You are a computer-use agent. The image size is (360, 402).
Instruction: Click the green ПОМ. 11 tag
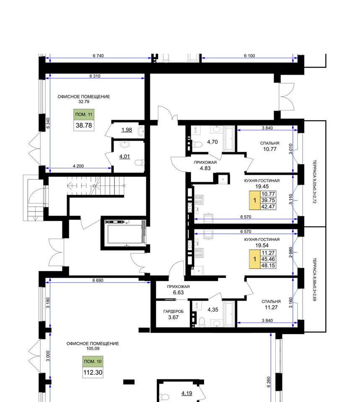pyautogui.click(x=84, y=115)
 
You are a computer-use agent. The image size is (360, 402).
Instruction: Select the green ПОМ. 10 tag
pyautogui.click(x=93, y=361)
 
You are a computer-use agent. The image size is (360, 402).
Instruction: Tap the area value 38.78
pyautogui.click(x=84, y=126)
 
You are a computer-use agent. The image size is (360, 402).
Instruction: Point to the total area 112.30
pyautogui.click(x=93, y=373)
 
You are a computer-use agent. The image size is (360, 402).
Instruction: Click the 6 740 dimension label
pyautogui.click(x=98, y=56)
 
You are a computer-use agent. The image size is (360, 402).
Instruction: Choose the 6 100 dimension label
pyautogui.click(x=249, y=56)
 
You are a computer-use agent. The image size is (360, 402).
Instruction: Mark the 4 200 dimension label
pyautogui.click(x=78, y=166)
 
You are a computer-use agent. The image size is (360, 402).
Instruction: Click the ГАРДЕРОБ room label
pyautogui.click(x=174, y=312)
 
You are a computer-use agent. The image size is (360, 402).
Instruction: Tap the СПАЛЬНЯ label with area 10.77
pyautogui.click(x=269, y=143)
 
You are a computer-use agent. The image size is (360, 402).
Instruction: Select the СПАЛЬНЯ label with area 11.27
pyautogui.click(x=271, y=301)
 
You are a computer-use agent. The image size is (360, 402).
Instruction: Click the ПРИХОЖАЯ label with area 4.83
pyautogui.click(x=205, y=162)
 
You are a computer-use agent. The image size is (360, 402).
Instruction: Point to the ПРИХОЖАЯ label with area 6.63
pyautogui.click(x=179, y=286)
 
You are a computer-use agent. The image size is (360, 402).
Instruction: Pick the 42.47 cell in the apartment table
pyautogui.click(x=268, y=206)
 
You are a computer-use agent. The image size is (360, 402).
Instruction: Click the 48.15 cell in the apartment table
pyautogui.click(x=268, y=265)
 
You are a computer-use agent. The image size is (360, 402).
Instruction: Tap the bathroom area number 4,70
pyautogui.click(x=212, y=142)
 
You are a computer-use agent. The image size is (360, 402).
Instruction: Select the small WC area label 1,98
pyautogui.click(x=127, y=130)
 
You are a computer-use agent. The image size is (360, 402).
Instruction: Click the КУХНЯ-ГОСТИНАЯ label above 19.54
pyautogui.click(x=262, y=240)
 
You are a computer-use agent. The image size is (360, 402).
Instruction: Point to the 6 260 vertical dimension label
pyautogui.click(x=269, y=382)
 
